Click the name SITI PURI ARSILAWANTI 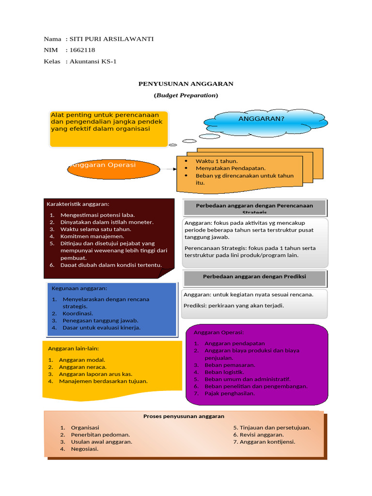(x=111, y=39)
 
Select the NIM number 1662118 (x=82, y=50)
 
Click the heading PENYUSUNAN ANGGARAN (x=186, y=84)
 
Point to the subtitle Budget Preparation (x=186, y=95)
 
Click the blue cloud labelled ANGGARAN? (x=261, y=119)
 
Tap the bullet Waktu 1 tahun (x=217, y=161)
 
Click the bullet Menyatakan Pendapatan (x=231, y=168)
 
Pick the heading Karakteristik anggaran (x=77, y=203)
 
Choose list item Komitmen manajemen (x=93, y=236)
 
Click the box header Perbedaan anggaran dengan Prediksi (x=254, y=276)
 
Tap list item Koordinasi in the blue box (x=77, y=313)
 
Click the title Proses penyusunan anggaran (x=184, y=416)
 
